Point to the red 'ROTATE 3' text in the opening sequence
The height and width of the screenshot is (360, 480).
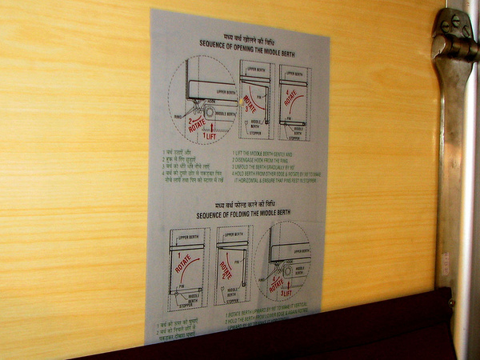click(x=250, y=104)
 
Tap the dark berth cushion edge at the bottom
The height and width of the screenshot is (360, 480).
click(x=320, y=336)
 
